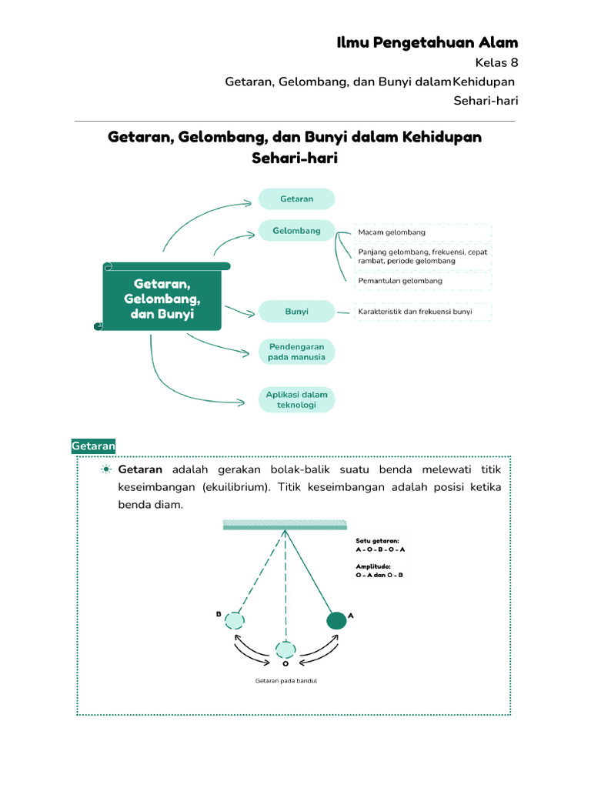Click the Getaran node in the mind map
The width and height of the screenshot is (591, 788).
coord(296,199)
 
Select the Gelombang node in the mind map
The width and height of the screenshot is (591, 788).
coord(296,230)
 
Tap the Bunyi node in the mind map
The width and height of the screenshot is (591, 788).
coord(296,312)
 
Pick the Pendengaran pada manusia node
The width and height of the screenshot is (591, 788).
coord(296,352)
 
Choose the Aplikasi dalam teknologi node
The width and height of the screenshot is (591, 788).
coord(296,400)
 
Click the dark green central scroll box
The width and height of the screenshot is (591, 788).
coord(162,299)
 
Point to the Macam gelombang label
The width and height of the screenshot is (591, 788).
coord(392,232)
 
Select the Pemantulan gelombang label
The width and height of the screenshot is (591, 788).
coord(400,281)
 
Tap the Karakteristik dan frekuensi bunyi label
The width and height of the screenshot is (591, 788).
coord(415,312)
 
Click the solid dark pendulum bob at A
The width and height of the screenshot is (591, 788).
coord(336,620)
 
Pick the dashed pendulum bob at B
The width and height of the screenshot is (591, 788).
coord(235,620)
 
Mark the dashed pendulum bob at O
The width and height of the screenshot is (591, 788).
coord(285,649)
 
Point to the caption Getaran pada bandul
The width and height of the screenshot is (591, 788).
coord(286,681)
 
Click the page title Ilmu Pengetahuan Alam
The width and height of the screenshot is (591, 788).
coord(427,42)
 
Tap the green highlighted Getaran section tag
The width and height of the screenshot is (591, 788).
coord(93,446)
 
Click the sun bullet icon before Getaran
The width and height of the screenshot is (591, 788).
coord(106,469)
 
